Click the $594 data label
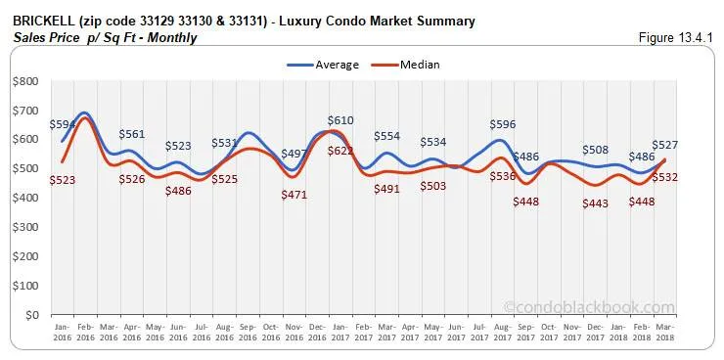[63, 124]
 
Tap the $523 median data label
[63, 180]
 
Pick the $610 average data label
[340, 119]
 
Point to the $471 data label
[294, 196]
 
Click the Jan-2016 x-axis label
[61, 333]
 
